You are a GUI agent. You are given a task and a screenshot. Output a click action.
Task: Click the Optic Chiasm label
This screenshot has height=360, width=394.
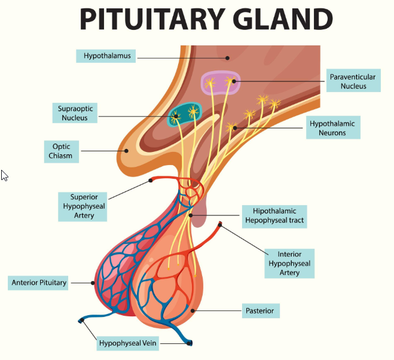pyautogui.click(x=62, y=151)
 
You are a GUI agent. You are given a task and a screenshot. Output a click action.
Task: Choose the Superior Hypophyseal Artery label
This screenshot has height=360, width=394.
pyautogui.click(x=84, y=206)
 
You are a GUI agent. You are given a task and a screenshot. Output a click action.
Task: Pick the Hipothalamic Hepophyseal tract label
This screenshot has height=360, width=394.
pyautogui.click(x=274, y=215)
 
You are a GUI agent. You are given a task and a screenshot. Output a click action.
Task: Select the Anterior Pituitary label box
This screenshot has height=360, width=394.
pyautogui.click(x=39, y=282)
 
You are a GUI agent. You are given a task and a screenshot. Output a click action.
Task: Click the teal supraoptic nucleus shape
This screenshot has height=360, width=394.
pyautogui.click(x=184, y=114)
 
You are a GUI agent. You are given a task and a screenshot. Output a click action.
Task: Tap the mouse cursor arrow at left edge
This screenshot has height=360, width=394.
pyautogui.click(x=4, y=175)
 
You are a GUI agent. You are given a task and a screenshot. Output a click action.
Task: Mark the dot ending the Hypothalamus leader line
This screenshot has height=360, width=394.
pyautogui.click(x=227, y=57)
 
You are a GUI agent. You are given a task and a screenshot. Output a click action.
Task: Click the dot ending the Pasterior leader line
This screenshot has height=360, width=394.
pyautogui.click(x=192, y=310)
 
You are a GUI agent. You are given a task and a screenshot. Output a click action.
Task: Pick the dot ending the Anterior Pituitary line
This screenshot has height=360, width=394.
pyautogui.click(x=93, y=282)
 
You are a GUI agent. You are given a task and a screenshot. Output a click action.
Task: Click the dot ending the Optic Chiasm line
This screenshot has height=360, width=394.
pyautogui.click(x=126, y=151)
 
